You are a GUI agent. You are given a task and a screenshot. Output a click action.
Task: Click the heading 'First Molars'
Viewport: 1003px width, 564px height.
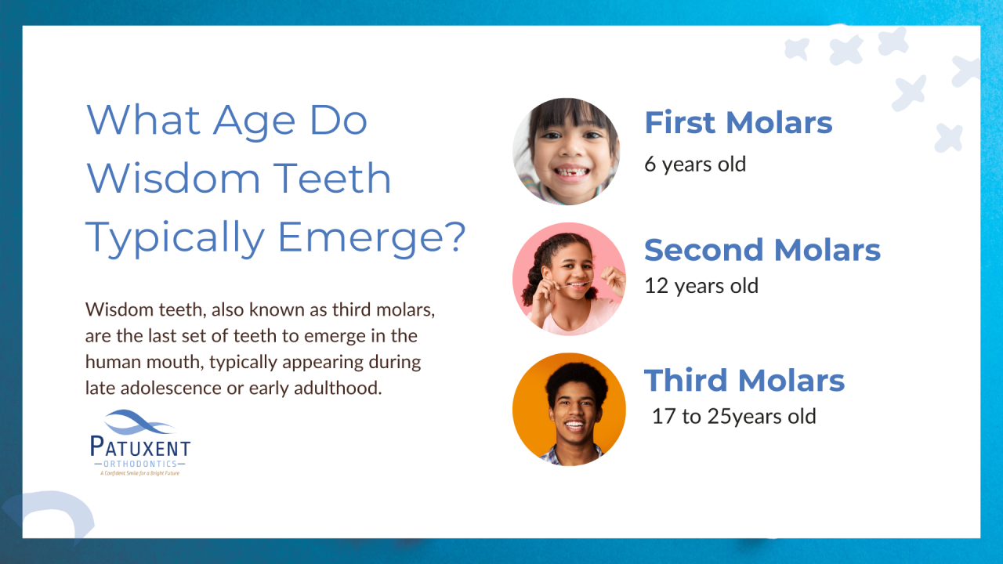click(737, 123)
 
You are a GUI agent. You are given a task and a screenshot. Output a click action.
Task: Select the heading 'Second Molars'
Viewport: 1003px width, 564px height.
click(762, 250)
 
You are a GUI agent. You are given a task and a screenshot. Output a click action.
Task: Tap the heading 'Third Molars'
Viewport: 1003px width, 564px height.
click(744, 380)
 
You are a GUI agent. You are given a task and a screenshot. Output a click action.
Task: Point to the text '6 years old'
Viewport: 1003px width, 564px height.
click(694, 164)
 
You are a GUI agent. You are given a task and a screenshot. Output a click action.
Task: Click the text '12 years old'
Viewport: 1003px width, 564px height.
click(701, 286)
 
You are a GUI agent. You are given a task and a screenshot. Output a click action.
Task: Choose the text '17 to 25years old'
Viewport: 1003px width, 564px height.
click(733, 416)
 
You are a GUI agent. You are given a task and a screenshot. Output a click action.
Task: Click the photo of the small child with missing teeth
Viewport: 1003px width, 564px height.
click(566, 151)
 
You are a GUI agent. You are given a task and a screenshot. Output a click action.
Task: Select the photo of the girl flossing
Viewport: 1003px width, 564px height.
click(568, 279)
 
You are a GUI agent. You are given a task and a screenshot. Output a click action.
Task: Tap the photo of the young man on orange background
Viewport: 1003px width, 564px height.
click(568, 409)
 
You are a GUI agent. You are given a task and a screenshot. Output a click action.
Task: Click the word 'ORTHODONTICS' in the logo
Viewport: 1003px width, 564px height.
click(139, 464)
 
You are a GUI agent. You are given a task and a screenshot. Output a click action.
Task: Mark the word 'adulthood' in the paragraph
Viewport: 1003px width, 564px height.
click(343, 388)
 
